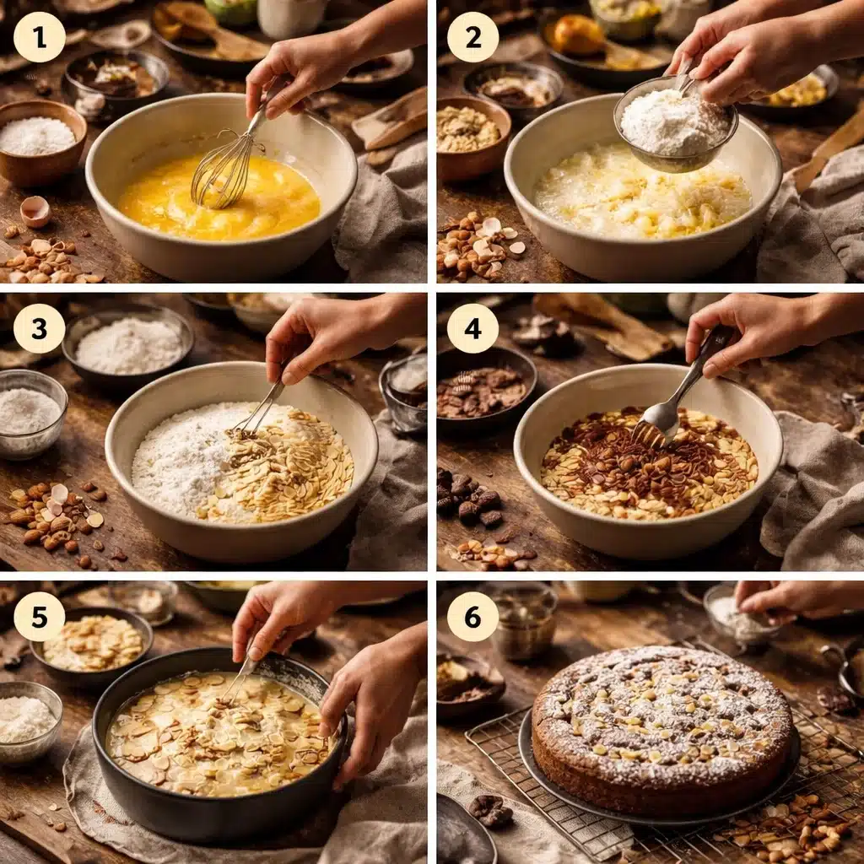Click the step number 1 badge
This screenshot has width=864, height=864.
(x=40, y=37)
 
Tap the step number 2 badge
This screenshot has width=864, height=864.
(x=472, y=37)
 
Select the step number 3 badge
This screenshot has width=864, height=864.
(x=40, y=328)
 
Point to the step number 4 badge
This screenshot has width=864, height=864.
(x=472, y=328)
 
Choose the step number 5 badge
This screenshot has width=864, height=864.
(x=40, y=617)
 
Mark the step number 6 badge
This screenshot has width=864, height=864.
(x=472, y=617)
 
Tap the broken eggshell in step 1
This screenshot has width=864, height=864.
(x=35, y=212)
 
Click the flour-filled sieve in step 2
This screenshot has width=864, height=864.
(x=675, y=126)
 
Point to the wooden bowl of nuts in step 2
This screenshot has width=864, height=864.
(x=472, y=138)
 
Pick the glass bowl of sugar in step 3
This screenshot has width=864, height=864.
(x=32, y=414)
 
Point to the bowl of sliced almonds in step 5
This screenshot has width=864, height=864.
(x=91, y=645)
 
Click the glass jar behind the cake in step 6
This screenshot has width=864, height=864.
(x=522, y=622)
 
